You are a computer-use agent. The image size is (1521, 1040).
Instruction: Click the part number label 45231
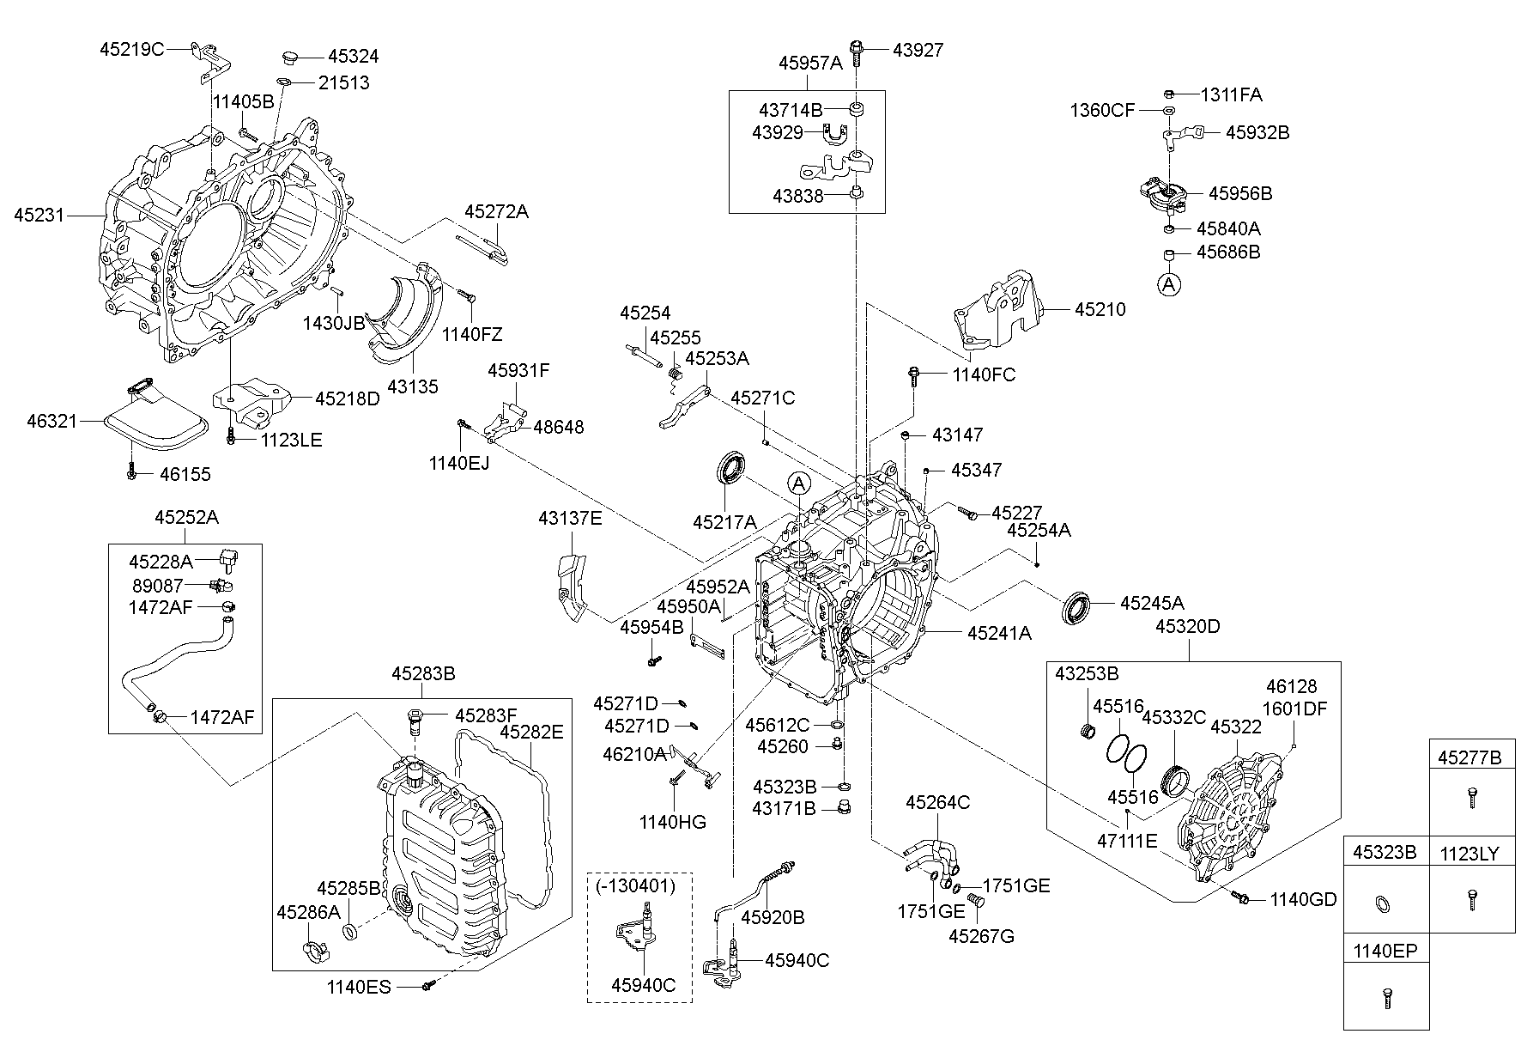point(39,215)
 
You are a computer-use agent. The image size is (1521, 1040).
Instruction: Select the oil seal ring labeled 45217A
point(731,469)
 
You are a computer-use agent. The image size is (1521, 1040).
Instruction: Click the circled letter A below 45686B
point(1168,284)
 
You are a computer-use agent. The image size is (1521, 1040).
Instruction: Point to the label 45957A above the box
point(810,63)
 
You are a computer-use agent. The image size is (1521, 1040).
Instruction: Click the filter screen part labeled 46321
point(155,421)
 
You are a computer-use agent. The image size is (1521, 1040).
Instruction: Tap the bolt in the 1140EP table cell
point(1385,999)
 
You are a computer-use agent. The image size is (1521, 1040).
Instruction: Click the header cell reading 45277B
point(1469,757)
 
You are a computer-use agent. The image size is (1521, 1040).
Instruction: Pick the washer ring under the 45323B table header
point(1384,903)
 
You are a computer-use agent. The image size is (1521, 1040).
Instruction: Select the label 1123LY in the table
point(1469,854)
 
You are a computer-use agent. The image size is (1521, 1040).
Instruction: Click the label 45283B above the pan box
point(423,674)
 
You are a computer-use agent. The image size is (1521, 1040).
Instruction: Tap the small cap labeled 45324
point(288,58)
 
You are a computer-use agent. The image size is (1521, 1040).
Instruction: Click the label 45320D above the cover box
point(1187,626)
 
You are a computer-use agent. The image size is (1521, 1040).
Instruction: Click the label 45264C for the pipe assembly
point(937,802)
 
